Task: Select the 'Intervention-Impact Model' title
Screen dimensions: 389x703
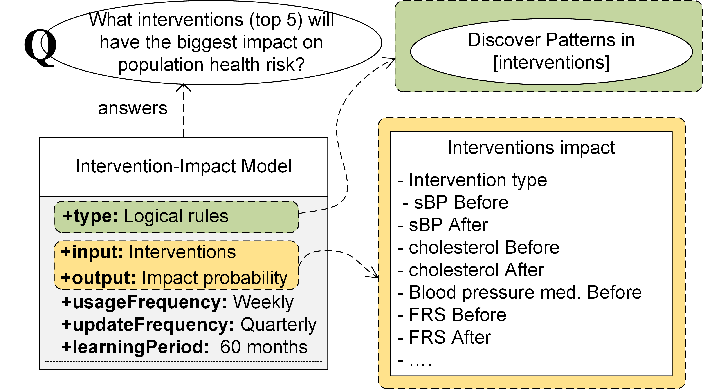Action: (183, 166)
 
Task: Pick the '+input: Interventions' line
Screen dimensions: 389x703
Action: (148, 252)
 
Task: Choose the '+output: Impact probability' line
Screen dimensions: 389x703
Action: (174, 278)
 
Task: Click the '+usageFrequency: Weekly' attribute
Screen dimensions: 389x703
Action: (177, 302)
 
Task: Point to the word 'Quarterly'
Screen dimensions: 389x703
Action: (278, 325)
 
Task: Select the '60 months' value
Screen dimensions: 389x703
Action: (264, 347)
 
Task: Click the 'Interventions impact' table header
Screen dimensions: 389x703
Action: (531, 148)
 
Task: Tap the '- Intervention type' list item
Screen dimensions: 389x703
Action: (472, 180)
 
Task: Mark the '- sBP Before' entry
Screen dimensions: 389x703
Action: (455, 203)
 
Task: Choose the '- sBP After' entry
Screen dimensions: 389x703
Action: (443, 225)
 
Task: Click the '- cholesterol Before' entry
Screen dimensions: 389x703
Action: (478, 247)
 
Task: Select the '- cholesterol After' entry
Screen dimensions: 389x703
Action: (471, 270)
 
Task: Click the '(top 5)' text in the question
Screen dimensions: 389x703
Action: (276, 20)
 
